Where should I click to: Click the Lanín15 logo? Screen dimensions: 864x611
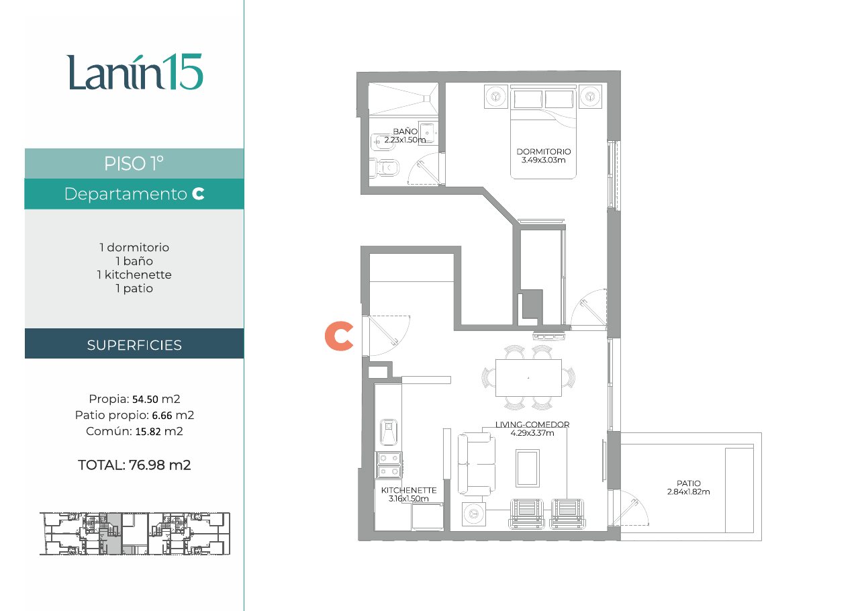pos(134,72)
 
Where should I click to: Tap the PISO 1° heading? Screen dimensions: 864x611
pos(134,164)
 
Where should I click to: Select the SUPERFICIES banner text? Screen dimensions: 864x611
pos(134,345)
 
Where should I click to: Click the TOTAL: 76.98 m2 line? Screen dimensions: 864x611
pos(134,465)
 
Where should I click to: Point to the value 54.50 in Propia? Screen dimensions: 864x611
pos(146,399)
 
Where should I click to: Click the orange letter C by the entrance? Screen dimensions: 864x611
pos(339,336)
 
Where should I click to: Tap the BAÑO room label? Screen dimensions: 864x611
pos(405,132)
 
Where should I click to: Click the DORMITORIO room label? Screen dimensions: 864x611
pos(544,152)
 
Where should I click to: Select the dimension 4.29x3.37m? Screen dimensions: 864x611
pos(532,433)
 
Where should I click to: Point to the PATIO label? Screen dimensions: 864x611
pos(689,483)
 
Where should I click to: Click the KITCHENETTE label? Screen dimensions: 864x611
pos(409,490)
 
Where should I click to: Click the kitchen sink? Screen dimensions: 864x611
pos(389,432)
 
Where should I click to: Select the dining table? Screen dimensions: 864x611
pos(528,377)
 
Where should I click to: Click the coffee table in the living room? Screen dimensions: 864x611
pos(528,468)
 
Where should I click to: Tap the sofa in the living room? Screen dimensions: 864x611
pos(477,464)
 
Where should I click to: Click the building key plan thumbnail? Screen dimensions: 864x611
pos(135,534)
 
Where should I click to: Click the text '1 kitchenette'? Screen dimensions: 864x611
pos(134,275)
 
